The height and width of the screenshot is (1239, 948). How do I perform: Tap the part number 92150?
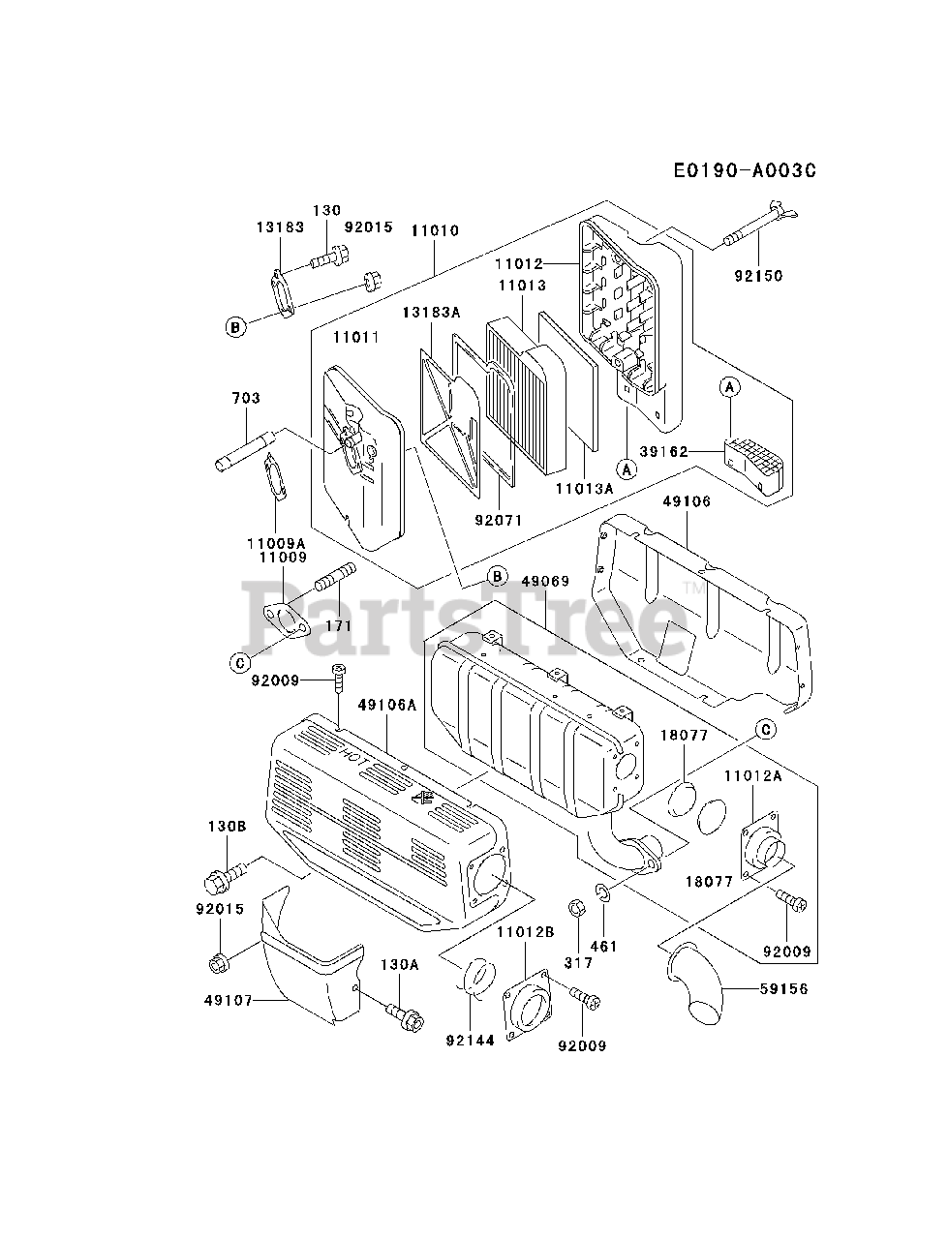[758, 276]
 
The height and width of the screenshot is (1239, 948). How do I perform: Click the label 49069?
[545, 581]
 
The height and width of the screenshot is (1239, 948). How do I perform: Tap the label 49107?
[228, 1000]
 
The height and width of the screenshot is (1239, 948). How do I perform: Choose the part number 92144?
[471, 1041]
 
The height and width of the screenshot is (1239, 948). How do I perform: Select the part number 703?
[246, 398]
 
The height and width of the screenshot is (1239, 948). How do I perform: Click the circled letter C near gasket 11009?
[239, 662]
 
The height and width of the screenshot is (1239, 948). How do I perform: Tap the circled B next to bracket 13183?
[234, 327]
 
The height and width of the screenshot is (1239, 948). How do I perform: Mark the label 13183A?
[431, 312]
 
